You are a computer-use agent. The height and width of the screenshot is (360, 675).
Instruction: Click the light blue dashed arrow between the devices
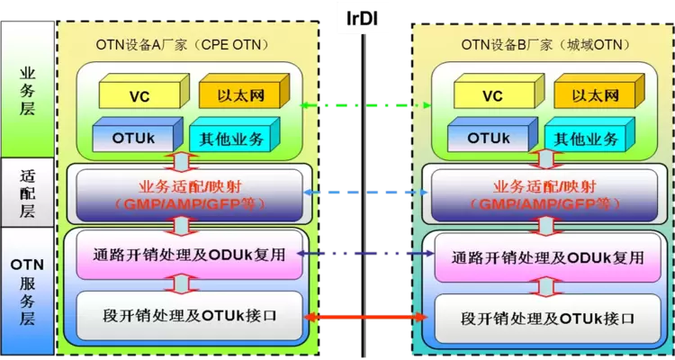[365, 193]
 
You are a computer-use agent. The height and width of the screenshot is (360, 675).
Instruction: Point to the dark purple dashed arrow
[365, 255]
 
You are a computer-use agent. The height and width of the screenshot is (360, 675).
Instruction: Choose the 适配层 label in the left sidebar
[27, 193]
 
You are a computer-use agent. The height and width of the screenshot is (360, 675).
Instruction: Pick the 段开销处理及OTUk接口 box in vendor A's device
[190, 317]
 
